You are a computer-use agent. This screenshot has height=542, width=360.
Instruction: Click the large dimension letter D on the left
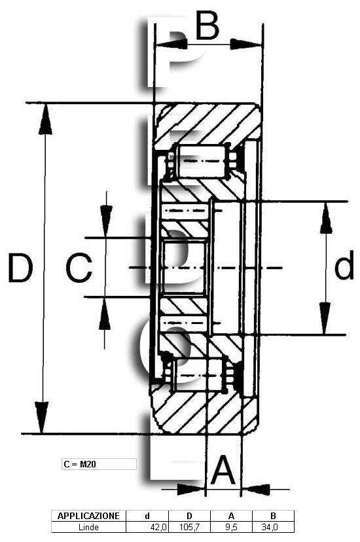point(20,268)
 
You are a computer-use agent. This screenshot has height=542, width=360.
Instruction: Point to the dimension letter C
point(79,268)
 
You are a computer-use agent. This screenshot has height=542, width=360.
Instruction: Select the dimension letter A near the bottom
point(223,470)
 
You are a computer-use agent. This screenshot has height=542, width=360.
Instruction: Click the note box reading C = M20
point(99,464)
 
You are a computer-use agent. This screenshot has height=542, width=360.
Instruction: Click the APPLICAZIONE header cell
point(88,516)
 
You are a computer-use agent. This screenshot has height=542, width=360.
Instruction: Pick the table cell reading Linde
point(88,527)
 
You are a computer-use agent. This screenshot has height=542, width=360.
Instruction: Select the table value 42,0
point(158,527)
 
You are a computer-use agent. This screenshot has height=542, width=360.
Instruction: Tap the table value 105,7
point(189,527)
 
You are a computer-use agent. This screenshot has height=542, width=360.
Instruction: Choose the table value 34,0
point(269,527)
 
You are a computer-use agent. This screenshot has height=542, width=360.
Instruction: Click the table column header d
point(147,516)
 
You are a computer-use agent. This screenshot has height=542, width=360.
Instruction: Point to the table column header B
point(273,516)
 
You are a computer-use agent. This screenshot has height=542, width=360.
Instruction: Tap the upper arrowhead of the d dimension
point(326,218)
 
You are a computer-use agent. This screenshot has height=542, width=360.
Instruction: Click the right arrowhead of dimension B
point(246,45)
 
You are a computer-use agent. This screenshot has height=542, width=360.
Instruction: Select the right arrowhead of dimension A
point(255,489)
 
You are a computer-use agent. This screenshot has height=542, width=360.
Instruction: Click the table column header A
point(232,516)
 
